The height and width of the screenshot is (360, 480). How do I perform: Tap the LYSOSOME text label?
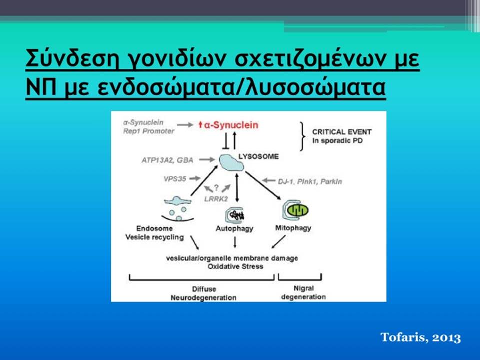pyautogui.click(x=258, y=156)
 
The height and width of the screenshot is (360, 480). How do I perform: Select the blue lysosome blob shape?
pyautogui.click(x=231, y=163)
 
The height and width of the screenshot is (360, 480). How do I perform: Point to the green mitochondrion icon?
pyautogui.click(x=298, y=210)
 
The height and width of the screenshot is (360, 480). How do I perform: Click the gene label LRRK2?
pyautogui.click(x=216, y=199)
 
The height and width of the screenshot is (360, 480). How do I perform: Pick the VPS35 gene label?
pyautogui.click(x=175, y=179)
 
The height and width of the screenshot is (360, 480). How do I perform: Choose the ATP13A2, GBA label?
pyautogui.click(x=167, y=160)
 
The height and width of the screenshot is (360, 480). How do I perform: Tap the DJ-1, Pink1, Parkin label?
pyautogui.click(x=310, y=182)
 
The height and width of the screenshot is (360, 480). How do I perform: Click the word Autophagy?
pyautogui.click(x=235, y=228)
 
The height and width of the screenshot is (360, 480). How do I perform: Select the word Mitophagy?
pyautogui.click(x=293, y=228)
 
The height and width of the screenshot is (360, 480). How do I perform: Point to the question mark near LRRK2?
pyautogui.click(x=216, y=187)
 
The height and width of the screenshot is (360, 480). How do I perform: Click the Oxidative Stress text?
pyautogui.click(x=235, y=266)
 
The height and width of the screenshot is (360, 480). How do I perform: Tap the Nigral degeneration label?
pyautogui.click(x=303, y=292)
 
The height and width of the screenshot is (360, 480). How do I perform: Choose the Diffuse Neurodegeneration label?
pyautogui.click(x=204, y=293)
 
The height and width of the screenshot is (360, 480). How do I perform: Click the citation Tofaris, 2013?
pyautogui.click(x=421, y=337)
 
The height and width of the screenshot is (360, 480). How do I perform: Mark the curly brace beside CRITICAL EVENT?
pyautogui.click(x=303, y=136)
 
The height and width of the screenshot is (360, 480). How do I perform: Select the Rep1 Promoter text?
pyautogui.click(x=149, y=131)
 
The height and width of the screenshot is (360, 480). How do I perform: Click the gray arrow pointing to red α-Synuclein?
pyautogui.click(x=185, y=125)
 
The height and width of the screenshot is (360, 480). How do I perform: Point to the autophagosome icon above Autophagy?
pyautogui.click(x=235, y=215)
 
